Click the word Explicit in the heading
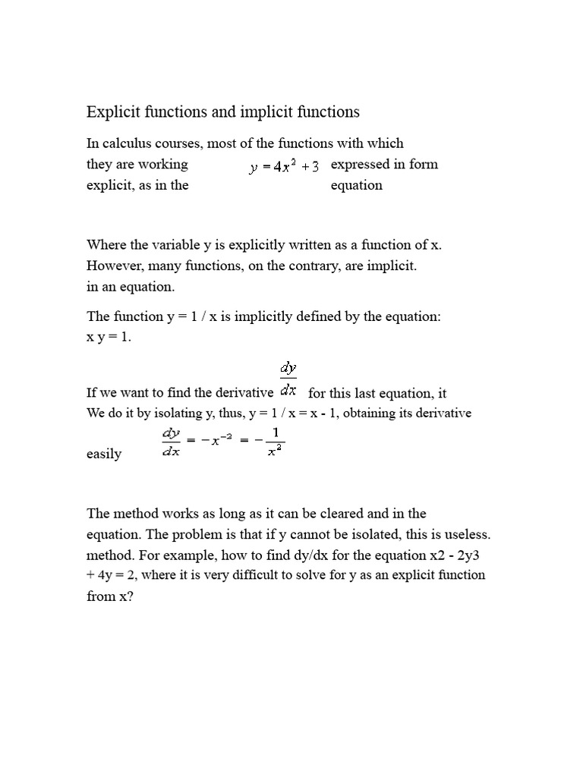[113, 112]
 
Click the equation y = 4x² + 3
[285, 166]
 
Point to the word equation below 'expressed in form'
[357, 185]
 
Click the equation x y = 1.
[109, 338]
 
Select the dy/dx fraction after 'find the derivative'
[288, 379]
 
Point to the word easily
[104, 454]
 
